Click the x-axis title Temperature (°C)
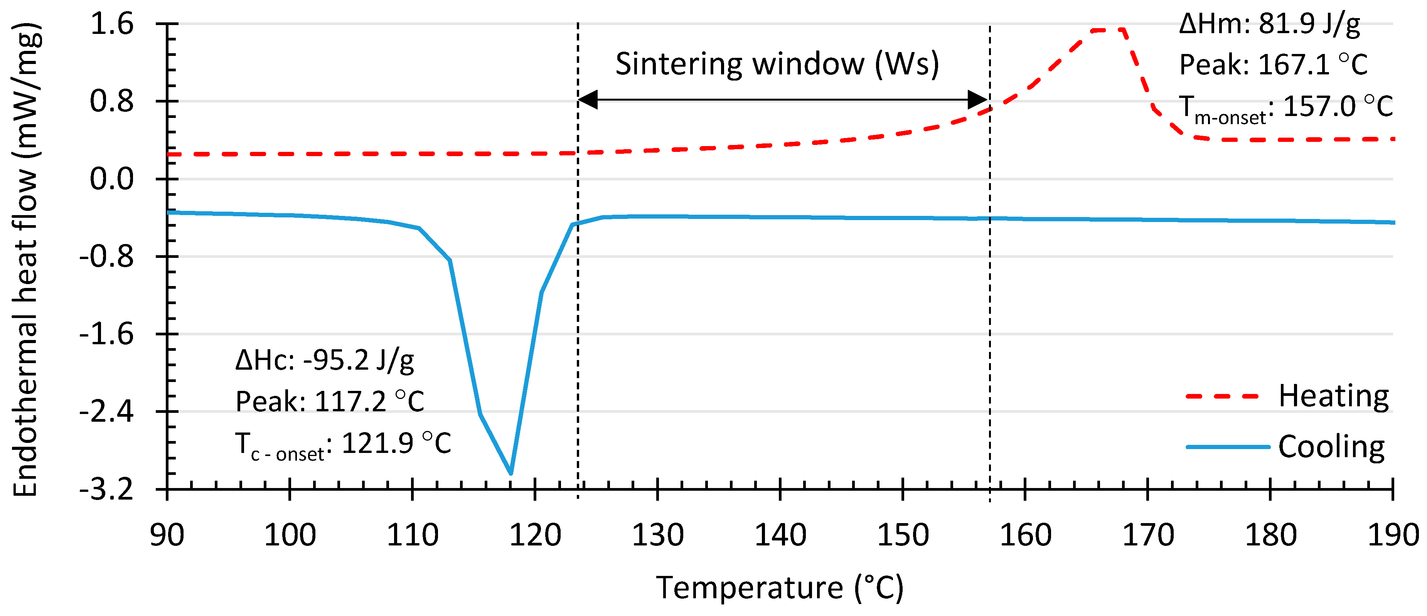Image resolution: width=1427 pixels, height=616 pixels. (779, 588)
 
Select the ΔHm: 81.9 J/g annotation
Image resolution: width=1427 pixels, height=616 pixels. (1269, 24)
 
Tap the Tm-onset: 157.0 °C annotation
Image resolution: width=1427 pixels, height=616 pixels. (1285, 108)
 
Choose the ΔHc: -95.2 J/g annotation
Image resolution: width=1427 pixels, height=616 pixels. (325, 361)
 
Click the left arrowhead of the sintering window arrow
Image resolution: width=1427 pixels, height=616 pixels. (587, 100)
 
